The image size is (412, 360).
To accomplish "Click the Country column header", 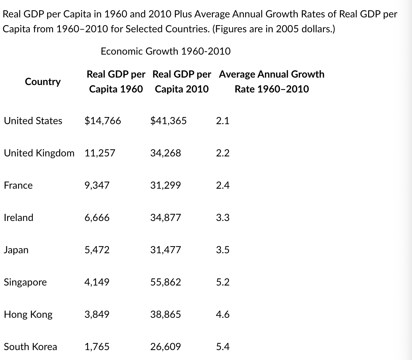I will click(43, 82).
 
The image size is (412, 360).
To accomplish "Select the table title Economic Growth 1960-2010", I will click(166, 51).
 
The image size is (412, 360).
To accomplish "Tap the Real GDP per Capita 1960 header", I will click(116, 82).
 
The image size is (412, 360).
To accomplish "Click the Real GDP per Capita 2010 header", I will click(182, 82).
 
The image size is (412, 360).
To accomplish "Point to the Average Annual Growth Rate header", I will click(271, 82).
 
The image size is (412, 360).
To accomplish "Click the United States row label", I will click(33, 121).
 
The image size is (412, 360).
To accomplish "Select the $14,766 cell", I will click(103, 121).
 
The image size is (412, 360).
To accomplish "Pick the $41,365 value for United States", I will click(168, 121).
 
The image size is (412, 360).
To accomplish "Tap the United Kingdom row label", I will click(39, 153).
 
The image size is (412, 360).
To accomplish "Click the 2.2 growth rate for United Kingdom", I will click(223, 153).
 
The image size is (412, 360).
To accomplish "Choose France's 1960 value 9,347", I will click(97, 185).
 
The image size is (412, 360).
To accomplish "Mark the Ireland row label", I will click(19, 218).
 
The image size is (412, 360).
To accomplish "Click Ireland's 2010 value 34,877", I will click(165, 218).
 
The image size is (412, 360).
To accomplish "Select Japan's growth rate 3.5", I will click(223, 250).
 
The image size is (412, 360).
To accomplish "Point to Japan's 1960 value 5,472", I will click(97, 250).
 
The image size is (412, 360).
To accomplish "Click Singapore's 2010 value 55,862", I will click(165, 282).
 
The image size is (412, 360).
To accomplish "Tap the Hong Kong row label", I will click(28, 314).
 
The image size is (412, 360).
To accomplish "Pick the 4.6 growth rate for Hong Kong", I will click(223, 314).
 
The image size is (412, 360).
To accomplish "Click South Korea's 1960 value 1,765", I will click(97, 347).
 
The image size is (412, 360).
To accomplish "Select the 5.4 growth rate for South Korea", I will click(223, 347).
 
